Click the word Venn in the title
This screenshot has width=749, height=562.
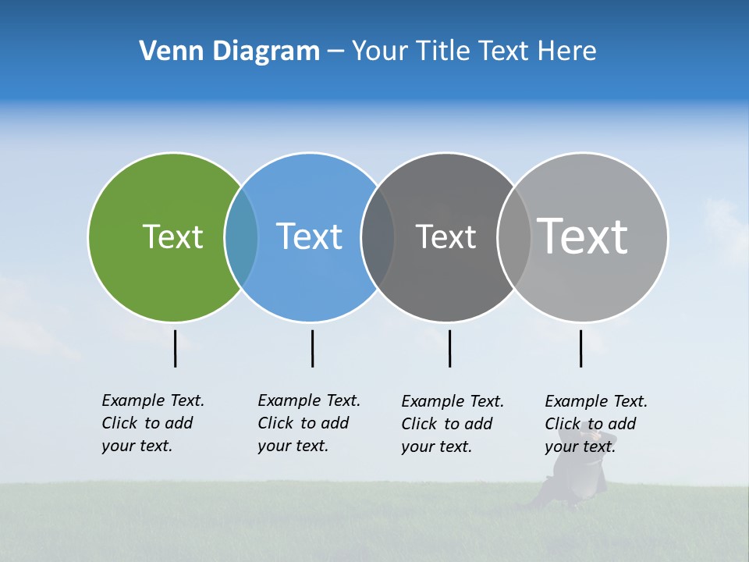[164, 51]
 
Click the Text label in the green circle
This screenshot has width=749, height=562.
[172, 237]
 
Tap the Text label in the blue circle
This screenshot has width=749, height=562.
[309, 237]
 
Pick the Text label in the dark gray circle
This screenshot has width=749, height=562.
[445, 237]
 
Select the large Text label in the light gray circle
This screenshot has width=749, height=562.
[582, 236]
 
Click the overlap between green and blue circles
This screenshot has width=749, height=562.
[241, 237]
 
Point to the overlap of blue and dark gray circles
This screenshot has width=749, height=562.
[378, 237]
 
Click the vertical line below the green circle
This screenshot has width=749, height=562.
[176, 348]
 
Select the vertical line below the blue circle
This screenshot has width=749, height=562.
[312, 348]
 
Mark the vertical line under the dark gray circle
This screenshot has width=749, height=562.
[449, 348]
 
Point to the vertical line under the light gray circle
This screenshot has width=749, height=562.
[580, 348]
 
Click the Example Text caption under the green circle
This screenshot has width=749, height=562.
[152, 423]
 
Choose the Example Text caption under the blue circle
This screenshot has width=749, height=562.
[308, 423]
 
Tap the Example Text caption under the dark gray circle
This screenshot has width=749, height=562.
[452, 424]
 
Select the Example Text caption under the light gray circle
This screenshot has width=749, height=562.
[595, 424]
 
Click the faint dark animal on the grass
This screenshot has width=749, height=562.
[573, 476]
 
